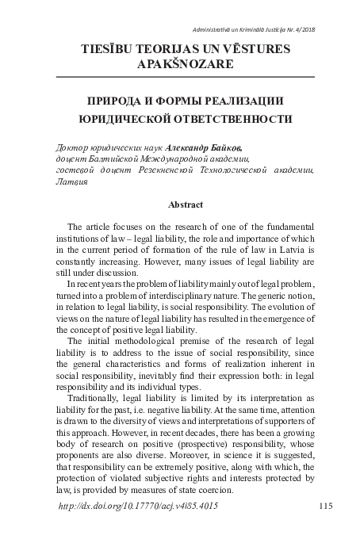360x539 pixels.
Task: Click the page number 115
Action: [324, 506]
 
